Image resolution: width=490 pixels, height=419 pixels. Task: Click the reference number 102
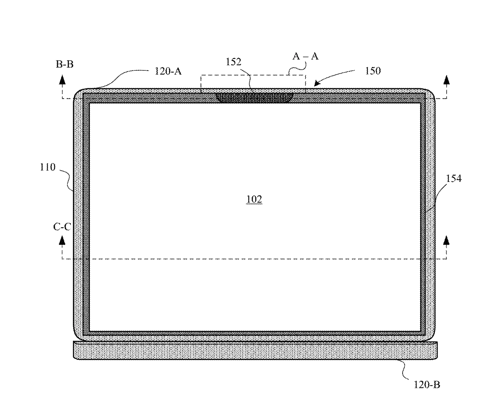click(254, 199)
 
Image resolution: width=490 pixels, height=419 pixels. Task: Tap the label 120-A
click(168, 71)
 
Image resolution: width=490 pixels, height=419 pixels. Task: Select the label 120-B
click(427, 384)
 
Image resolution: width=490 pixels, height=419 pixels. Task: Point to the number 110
click(48, 167)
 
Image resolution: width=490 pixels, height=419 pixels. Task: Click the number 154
click(454, 178)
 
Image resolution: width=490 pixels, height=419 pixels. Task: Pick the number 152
click(234, 62)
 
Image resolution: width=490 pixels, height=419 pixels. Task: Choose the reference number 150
click(373, 71)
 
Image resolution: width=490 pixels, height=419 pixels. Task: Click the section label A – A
click(306, 56)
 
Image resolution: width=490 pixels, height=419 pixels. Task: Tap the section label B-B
click(65, 64)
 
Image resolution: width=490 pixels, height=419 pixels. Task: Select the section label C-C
click(62, 227)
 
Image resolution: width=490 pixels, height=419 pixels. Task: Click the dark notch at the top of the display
click(254, 98)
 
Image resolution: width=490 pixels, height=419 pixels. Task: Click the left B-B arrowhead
click(62, 80)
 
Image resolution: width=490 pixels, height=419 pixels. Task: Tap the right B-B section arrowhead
click(446, 80)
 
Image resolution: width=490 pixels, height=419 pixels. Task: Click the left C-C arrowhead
click(62, 240)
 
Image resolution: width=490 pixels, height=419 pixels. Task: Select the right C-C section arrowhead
click(446, 240)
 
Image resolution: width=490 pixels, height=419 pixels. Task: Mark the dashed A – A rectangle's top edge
click(253, 75)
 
